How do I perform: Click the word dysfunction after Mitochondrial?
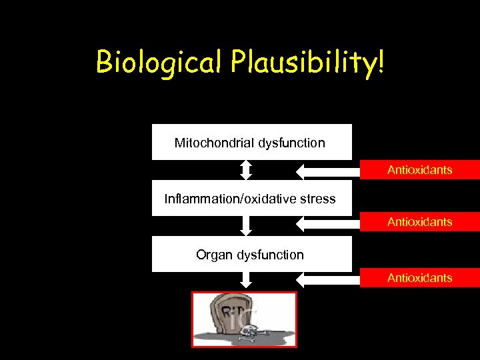(x=292, y=143)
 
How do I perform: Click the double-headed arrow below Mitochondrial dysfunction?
(x=246, y=170)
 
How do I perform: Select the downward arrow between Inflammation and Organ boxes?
(x=246, y=225)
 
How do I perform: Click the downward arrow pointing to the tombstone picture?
(x=246, y=281)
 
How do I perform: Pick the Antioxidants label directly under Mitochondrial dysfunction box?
(x=419, y=170)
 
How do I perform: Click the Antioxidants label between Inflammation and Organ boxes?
(x=419, y=222)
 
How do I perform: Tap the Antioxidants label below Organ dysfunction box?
(x=419, y=278)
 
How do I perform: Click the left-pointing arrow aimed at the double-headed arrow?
(x=327, y=171)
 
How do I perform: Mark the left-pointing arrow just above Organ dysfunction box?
(x=327, y=224)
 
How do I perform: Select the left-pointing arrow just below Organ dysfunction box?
(x=327, y=280)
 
